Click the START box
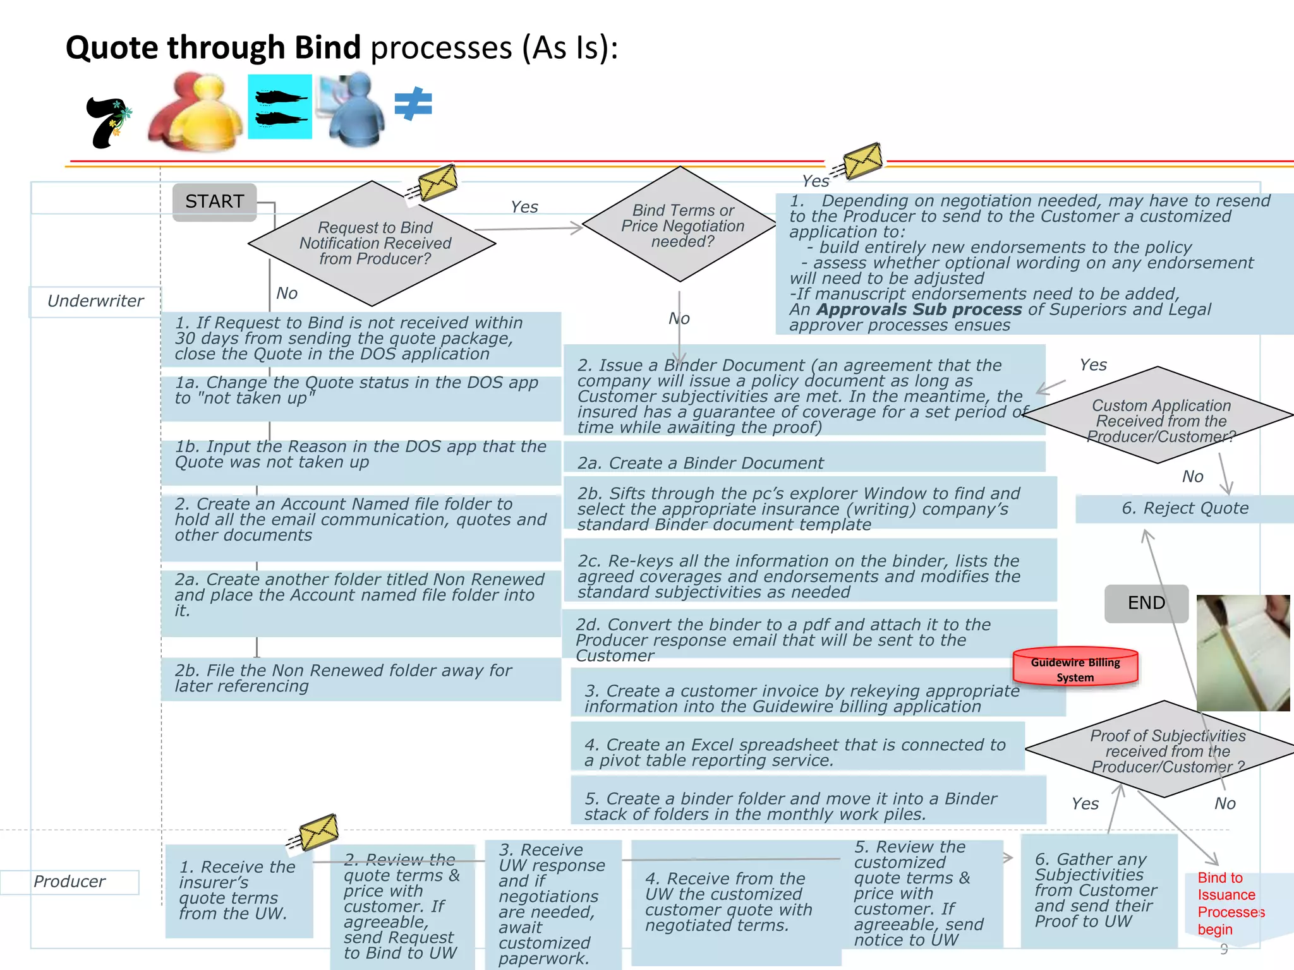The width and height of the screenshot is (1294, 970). (x=215, y=201)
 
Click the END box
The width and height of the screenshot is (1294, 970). (x=1146, y=603)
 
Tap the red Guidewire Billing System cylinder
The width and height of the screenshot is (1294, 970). (x=1075, y=668)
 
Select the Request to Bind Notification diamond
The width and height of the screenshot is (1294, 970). (x=373, y=244)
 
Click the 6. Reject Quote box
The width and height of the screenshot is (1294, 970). (x=1184, y=508)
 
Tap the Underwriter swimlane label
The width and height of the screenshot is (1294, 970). (x=95, y=301)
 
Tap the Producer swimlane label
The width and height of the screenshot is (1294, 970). (x=70, y=882)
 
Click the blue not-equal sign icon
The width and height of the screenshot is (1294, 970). (x=413, y=104)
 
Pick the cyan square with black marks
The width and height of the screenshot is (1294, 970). (x=279, y=107)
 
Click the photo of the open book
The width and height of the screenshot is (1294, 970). (x=1243, y=652)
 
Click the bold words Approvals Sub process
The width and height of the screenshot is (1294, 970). (x=919, y=309)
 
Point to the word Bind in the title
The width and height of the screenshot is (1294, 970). (x=327, y=48)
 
